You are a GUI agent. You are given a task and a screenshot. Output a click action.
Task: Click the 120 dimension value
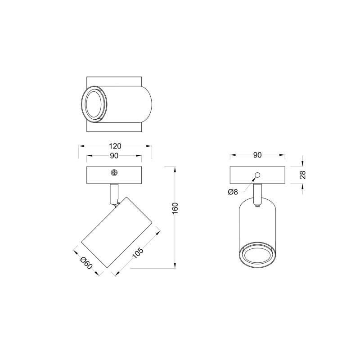point(115,146)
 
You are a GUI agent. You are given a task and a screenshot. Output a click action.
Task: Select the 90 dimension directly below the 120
point(114,156)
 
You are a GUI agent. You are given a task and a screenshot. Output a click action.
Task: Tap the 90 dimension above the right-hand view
point(257,155)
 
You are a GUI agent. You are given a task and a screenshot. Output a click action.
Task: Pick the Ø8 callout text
point(233,192)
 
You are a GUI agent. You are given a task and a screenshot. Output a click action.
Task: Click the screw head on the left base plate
point(114,172)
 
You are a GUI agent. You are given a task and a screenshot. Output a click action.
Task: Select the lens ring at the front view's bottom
point(257,255)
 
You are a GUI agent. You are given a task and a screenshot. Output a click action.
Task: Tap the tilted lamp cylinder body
point(117,234)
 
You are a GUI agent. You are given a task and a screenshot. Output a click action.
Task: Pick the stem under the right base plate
point(257,193)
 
